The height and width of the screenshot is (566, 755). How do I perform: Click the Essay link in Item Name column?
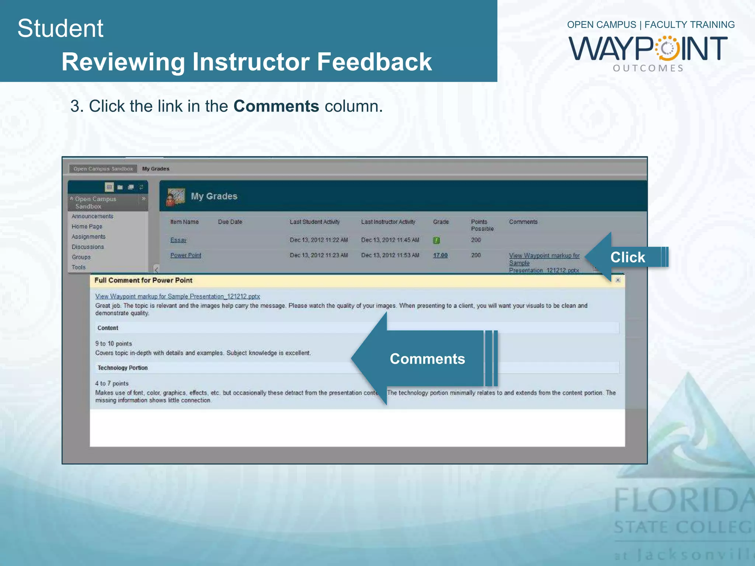(x=178, y=240)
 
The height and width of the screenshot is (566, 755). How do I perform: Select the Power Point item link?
(x=186, y=255)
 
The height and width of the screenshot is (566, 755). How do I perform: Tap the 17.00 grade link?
(x=440, y=255)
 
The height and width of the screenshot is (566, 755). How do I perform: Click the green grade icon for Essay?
(x=436, y=240)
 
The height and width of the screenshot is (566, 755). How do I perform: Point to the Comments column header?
(x=523, y=222)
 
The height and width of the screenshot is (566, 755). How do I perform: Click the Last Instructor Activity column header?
(x=388, y=222)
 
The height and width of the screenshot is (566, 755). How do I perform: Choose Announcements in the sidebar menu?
(x=93, y=216)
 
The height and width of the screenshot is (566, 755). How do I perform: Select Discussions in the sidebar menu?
(x=88, y=247)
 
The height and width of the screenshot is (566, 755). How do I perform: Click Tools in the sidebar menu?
(x=79, y=267)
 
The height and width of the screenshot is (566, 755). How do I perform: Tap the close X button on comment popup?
(x=618, y=280)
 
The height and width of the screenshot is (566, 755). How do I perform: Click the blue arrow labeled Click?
(x=627, y=257)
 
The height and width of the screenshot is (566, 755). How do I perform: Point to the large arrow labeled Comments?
(x=424, y=359)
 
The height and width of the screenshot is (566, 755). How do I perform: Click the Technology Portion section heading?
(x=123, y=368)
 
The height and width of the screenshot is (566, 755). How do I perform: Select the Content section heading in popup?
(x=108, y=328)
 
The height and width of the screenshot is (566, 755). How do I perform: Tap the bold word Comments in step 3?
(x=276, y=106)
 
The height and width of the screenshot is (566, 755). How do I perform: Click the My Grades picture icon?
(x=176, y=196)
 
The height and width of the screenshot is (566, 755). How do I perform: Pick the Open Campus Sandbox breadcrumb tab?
(x=103, y=169)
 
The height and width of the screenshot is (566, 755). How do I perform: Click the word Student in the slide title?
(x=60, y=28)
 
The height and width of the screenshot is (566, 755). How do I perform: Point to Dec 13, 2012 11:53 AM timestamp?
(x=390, y=255)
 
